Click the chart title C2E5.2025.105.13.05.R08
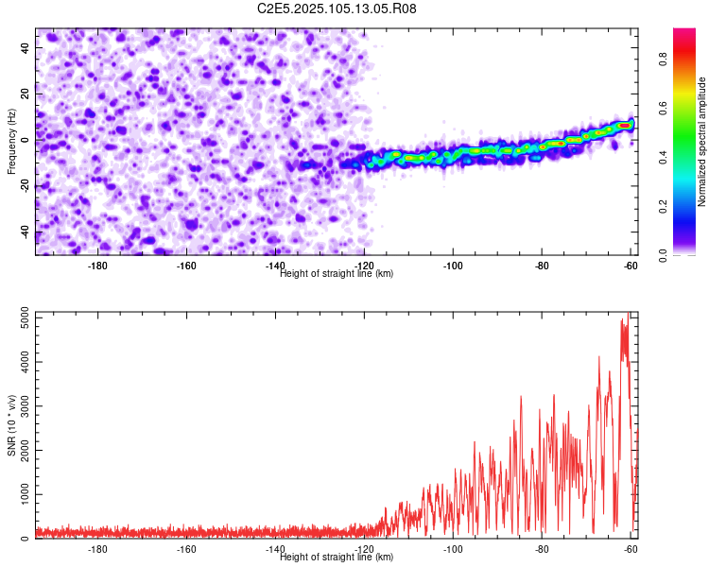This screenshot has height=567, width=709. tap(337, 9)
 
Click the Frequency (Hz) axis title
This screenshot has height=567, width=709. tap(11, 142)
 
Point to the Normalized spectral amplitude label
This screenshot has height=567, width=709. tap(701, 142)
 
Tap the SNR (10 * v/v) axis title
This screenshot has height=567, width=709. tap(11, 425)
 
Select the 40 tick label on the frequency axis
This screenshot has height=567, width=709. tap(26, 47)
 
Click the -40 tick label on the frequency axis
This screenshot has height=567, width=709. tap(26, 232)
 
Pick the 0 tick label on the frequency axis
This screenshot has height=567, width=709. tap(26, 140)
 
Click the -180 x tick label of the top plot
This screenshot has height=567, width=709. tap(97, 266)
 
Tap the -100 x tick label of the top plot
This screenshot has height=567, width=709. tap(453, 266)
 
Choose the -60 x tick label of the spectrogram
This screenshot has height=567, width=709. tap(631, 266)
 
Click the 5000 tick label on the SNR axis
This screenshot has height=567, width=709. tap(26, 318)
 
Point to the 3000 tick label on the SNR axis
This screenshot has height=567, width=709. tap(26, 406)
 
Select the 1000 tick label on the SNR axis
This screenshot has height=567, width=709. tap(26, 494)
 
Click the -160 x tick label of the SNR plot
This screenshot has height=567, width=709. tap(186, 549)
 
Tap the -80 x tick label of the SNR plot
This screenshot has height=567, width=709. tap(542, 549)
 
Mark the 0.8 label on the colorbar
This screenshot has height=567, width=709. tap(663, 60)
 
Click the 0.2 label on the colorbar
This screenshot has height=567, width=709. tap(663, 206)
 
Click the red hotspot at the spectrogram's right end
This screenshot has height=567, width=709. tap(625, 126)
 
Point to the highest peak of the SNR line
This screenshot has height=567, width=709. tap(628, 314)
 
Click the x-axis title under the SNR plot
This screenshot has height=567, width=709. tap(337, 557)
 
